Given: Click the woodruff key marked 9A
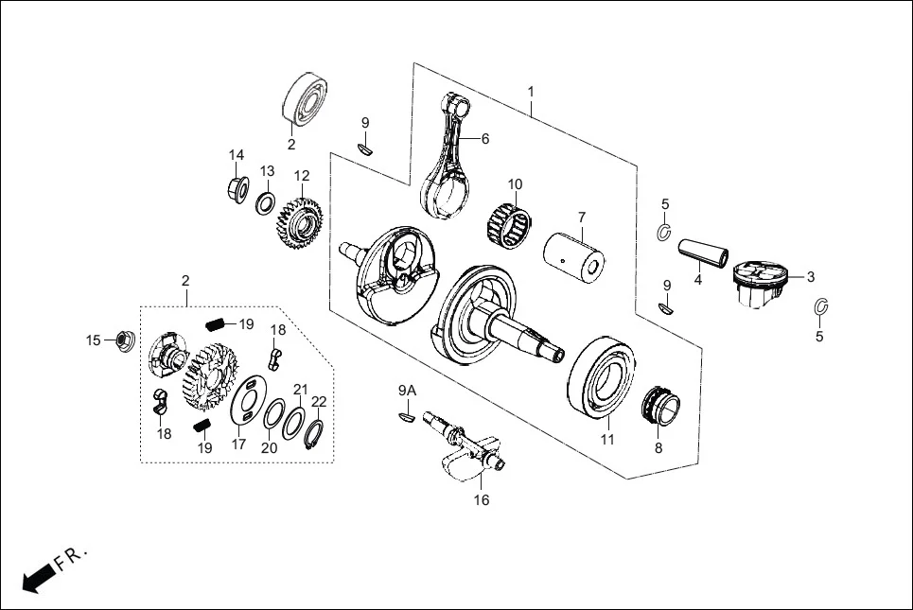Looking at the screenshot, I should [x=406, y=412].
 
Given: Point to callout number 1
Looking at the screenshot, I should [x=531, y=92].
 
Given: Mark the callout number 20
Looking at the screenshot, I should [x=270, y=447].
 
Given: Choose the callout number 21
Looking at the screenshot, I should [x=300, y=389].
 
